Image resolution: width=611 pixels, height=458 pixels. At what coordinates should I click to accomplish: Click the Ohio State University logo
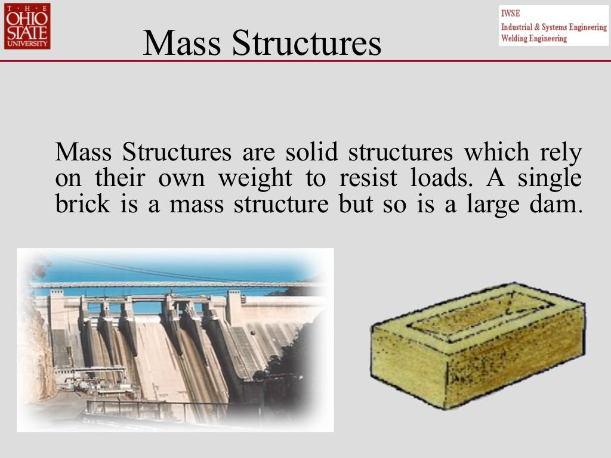coord(27,26)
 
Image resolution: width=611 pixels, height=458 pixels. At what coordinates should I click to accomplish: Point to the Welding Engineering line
coord(534,39)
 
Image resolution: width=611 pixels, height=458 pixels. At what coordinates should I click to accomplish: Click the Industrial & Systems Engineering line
coord(554,27)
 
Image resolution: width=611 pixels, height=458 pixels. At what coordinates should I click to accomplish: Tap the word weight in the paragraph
coord(255,178)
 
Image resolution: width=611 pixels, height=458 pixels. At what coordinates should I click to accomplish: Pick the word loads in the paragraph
coord(440,178)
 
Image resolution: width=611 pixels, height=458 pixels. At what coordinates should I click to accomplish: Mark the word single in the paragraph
coord(550,178)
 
